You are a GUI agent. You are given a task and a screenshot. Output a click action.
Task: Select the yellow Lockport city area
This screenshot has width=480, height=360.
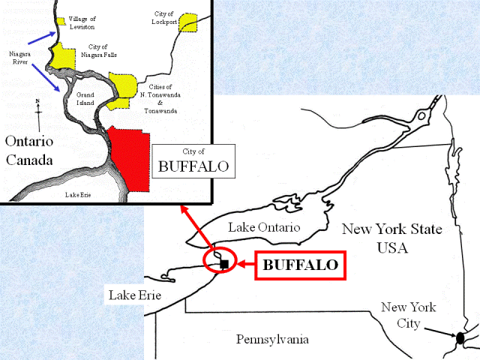click(187, 22)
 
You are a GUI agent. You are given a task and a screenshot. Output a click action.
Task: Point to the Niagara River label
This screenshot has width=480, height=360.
click(20, 59)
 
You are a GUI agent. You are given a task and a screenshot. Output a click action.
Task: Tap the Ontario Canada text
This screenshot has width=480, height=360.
click(30, 151)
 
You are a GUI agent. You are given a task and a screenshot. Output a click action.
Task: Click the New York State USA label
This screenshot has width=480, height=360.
click(391, 237)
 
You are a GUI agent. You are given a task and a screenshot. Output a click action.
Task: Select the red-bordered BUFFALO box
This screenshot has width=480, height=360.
click(300, 265)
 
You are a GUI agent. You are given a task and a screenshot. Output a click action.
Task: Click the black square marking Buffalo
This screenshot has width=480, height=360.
click(223, 263)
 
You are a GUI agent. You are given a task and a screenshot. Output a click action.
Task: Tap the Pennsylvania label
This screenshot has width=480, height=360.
click(272, 340)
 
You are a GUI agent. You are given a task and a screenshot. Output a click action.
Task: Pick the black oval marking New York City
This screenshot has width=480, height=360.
click(460, 337)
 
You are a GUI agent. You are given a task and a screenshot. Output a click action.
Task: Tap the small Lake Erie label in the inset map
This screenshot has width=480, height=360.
click(82, 195)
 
